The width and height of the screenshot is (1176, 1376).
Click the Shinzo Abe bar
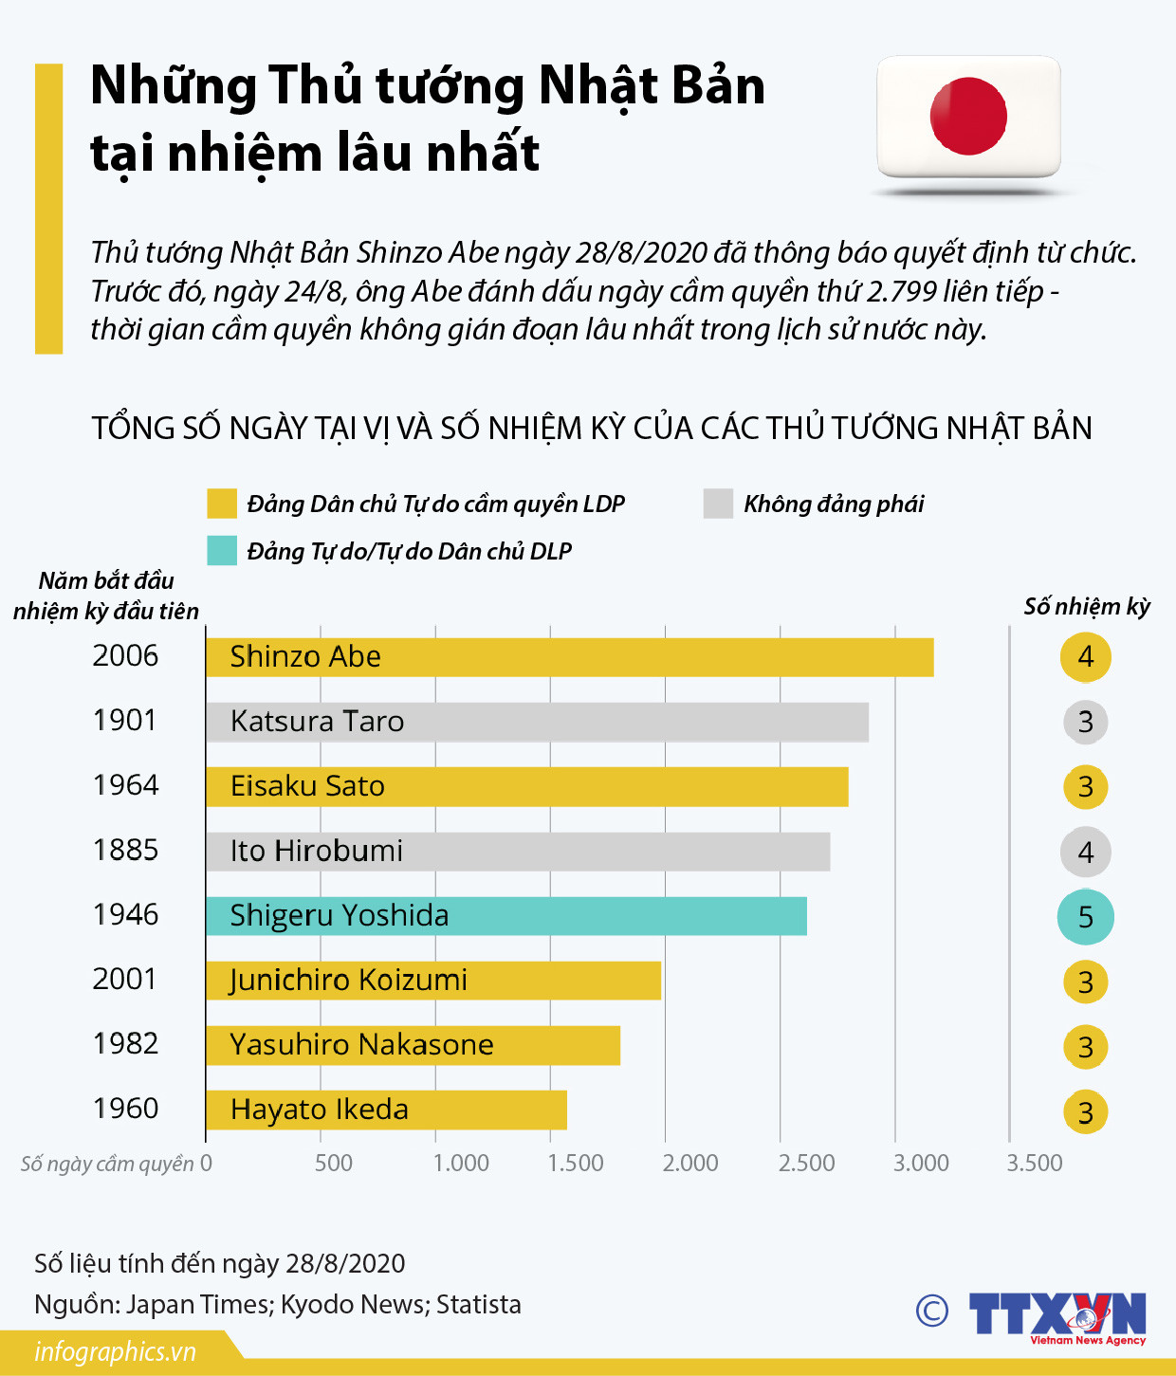point(569,657)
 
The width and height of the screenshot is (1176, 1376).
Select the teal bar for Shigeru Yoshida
point(506,916)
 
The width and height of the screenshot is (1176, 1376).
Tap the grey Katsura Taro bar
point(537,722)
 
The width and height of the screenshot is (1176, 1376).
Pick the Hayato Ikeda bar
point(386,1110)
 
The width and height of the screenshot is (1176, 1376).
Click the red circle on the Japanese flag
point(968,116)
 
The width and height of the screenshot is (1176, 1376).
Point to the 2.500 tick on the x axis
point(806,1163)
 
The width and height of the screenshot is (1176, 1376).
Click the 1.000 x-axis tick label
point(461,1163)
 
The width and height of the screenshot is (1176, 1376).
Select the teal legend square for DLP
point(222,551)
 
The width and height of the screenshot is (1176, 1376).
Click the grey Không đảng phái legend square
point(718,504)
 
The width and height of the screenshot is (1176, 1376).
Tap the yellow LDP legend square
point(222,504)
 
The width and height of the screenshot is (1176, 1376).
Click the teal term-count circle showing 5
point(1085,917)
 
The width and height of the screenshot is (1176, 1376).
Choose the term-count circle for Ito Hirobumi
point(1085,852)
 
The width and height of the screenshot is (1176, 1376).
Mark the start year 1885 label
point(125,850)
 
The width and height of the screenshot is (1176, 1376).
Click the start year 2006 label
point(125,655)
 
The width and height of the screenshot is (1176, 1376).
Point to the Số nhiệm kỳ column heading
point(1087,607)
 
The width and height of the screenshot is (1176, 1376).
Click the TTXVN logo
point(1057,1316)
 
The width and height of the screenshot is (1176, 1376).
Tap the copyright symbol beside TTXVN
point(932,1311)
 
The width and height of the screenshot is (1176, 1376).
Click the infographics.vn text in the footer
point(115,1351)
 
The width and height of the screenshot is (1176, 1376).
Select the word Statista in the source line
point(479,1305)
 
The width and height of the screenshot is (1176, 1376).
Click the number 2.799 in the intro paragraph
point(901,291)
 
